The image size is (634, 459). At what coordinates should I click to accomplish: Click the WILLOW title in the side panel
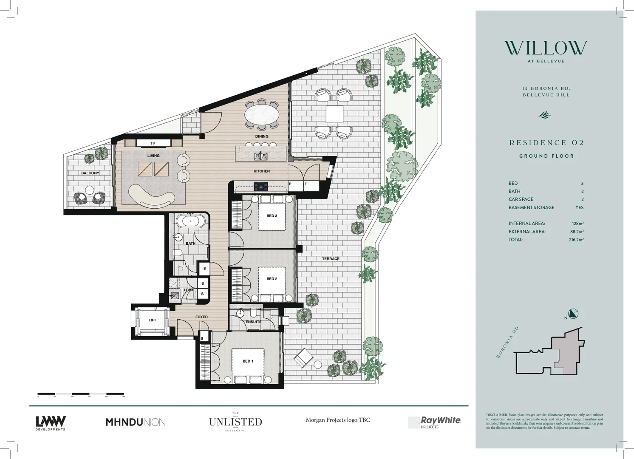pyautogui.click(x=546, y=48)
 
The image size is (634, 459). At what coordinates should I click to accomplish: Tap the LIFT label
pyautogui.click(x=152, y=320)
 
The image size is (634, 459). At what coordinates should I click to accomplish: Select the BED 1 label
pyautogui.click(x=248, y=361)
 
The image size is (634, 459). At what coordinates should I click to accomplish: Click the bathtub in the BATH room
pyautogui.click(x=190, y=221)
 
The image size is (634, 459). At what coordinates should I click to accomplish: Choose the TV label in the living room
pyautogui.click(x=153, y=143)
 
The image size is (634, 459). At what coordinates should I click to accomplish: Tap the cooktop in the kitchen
pyautogui.click(x=260, y=186)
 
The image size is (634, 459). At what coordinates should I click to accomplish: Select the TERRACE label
pyautogui.click(x=331, y=258)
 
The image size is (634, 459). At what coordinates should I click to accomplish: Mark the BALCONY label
pyautogui.click(x=90, y=173)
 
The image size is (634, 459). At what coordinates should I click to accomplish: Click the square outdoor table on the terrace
pyautogui.click(x=334, y=114)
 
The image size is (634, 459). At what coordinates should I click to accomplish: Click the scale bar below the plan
pyautogui.click(x=81, y=394)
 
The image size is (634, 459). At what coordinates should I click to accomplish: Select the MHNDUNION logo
pyautogui.click(x=136, y=422)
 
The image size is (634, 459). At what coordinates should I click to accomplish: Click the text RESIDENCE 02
pyautogui.click(x=546, y=143)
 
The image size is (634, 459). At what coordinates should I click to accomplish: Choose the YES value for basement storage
pyautogui.click(x=579, y=207)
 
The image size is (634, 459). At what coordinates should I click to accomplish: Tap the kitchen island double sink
pyautogui.click(x=260, y=156)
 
